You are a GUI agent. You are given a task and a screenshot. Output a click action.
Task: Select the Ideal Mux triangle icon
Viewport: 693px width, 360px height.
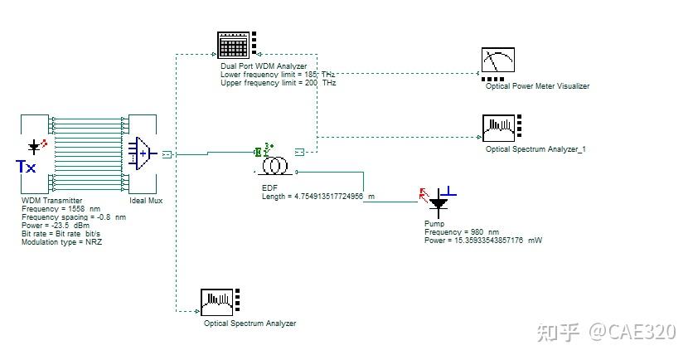(143, 153)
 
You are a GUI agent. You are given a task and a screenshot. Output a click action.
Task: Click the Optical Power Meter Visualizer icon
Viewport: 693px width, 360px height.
(498, 62)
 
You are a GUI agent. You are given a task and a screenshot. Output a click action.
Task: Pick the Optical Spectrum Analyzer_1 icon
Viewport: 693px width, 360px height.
(498, 128)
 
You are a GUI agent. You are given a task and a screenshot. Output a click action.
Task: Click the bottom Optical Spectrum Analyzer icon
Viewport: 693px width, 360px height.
(217, 302)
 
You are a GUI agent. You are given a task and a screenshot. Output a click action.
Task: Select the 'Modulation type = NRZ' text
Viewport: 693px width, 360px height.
(62, 242)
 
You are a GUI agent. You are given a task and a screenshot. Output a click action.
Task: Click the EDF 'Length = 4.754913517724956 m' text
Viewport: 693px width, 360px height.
(318, 197)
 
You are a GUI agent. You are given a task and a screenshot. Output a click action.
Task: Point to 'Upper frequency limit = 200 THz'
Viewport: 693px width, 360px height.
(279, 83)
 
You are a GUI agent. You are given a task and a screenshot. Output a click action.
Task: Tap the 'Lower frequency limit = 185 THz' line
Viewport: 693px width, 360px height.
(279, 75)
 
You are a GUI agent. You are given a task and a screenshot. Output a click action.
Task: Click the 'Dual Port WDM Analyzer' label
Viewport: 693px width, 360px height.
(264, 66)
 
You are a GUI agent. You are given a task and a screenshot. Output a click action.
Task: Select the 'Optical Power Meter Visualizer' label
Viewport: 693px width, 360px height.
(538, 86)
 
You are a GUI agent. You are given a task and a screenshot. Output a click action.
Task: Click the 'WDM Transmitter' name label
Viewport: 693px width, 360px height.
(51, 201)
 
